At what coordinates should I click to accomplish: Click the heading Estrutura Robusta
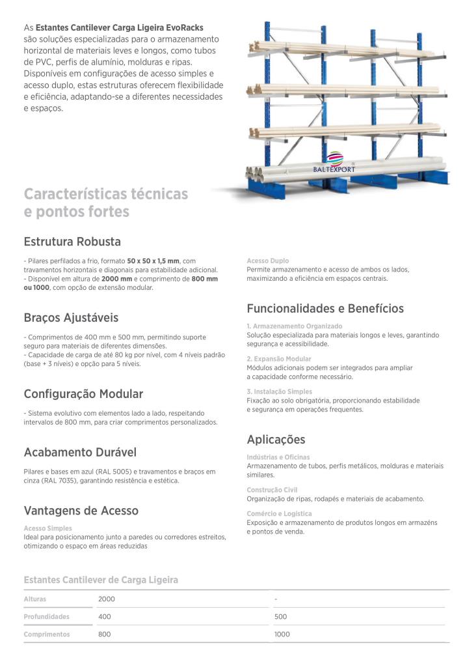tap(72, 242)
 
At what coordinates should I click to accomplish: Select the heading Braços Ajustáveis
tap(71, 318)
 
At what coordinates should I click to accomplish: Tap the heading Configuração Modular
tap(83, 394)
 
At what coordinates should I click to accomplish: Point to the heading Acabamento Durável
tap(80, 452)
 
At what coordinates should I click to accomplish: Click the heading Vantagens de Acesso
tap(81, 511)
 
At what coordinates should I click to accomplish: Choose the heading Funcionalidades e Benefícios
tap(325, 308)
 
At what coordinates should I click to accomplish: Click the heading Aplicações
tap(276, 440)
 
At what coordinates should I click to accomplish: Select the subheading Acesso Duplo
tap(268, 261)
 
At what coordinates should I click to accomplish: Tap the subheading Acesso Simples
tap(47, 528)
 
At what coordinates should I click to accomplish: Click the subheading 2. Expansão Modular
tap(279, 359)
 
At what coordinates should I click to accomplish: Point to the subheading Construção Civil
tap(272, 490)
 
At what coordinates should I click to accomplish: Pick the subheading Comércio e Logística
tap(279, 514)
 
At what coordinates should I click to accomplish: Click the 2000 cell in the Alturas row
tap(106, 599)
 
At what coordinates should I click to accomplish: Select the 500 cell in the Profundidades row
tap(280, 616)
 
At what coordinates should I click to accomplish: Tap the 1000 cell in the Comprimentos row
tap(282, 634)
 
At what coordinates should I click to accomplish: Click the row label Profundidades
tap(46, 616)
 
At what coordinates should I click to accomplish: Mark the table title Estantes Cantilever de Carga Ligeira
tap(101, 580)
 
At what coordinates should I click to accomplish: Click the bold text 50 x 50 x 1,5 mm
tap(153, 261)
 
